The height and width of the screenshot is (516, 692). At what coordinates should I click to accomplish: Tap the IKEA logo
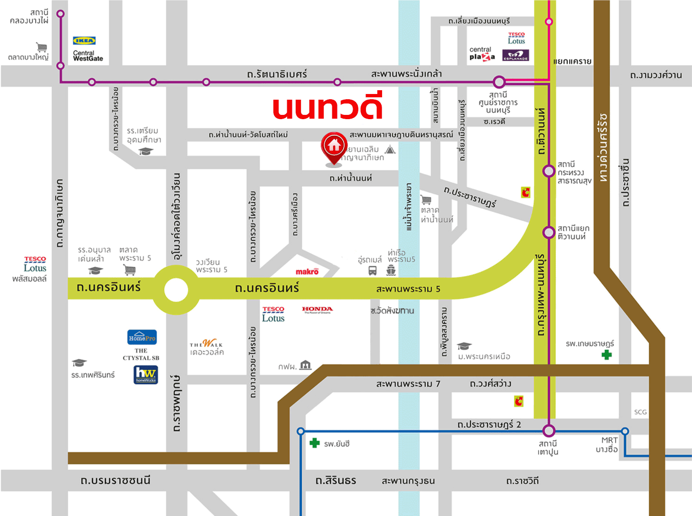[x=84, y=41]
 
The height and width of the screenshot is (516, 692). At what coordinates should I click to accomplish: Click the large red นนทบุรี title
[x=327, y=108]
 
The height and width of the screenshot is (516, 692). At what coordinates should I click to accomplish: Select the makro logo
[x=307, y=272]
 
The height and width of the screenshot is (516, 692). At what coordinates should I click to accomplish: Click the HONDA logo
[x=317, y=310]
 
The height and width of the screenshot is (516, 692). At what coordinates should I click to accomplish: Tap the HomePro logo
[x=142, y=338]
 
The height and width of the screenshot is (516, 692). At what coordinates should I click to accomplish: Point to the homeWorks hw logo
[x=146, y=375]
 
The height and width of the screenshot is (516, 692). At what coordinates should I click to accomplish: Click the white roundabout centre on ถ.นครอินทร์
[x=176, y=290]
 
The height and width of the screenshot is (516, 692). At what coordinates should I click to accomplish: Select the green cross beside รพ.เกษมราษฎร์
[x=607, y=355]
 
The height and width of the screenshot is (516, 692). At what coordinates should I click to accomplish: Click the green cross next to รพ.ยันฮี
[x=314, y=443]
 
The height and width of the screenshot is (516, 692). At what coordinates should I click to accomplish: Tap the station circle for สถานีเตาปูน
[x=549, y=431]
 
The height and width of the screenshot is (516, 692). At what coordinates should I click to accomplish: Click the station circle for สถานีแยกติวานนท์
[x=549, y=233]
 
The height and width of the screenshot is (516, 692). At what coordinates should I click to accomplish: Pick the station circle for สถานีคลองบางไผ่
[x=60, y=14]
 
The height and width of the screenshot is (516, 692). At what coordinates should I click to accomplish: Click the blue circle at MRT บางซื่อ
[x=625, y=431]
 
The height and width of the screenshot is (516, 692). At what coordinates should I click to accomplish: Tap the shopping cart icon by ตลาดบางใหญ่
[x=42, y=47]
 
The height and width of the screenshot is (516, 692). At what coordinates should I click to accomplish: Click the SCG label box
[x=640, y=412]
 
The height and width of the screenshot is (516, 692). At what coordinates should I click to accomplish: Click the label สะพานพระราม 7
[x=408, y=384]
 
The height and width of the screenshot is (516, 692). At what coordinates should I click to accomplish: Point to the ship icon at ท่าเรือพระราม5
[x=391, y=271]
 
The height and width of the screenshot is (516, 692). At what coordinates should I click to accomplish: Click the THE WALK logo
[x=206, y=344]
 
